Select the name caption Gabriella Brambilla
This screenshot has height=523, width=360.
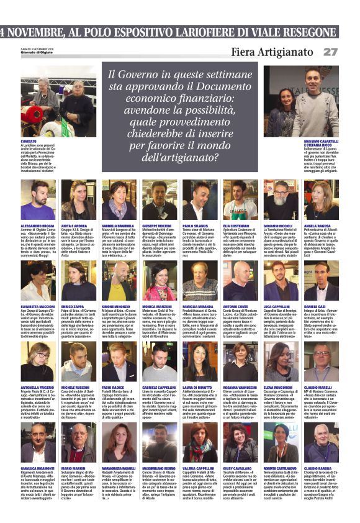[118, 225]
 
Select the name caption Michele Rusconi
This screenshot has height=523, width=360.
[75, 388]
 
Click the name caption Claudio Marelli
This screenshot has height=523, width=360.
[318, 388]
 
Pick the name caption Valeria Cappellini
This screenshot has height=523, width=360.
[199, 469]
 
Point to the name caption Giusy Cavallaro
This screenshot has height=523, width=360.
[238, 469]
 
